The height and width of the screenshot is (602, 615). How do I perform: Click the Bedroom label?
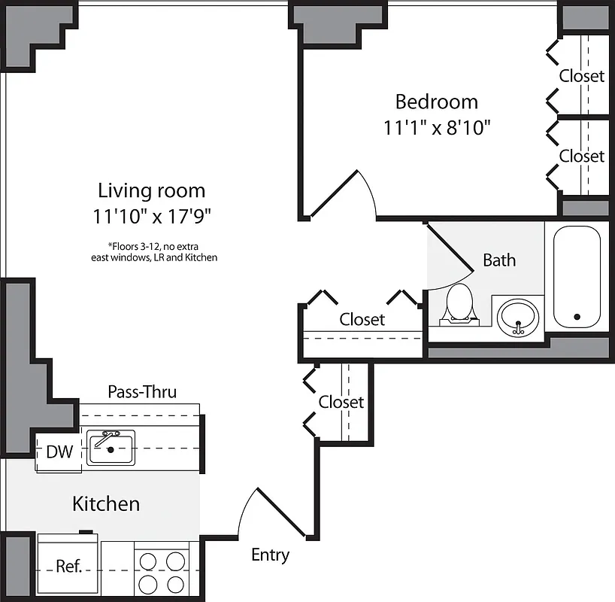click(437, 101)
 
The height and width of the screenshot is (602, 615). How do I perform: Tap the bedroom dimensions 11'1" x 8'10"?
click(437, 127)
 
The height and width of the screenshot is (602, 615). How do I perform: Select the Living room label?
click(152, 190)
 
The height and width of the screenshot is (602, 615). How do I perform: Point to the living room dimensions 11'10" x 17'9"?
click(152, 217)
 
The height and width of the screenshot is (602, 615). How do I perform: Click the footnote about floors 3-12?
click(152, 251)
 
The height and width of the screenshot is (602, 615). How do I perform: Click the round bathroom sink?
click(517, 315)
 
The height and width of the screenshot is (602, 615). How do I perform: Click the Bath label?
click(499, 260)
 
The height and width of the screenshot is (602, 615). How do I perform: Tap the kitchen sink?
click(111, 448)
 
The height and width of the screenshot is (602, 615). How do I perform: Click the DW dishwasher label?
click(59, 452)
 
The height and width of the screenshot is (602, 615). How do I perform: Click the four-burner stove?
click(160, 572)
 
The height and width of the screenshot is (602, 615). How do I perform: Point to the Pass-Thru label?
click(142, 391)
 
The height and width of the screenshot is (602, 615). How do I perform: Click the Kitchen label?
click(106, 503)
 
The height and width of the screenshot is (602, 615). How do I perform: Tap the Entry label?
click(270, 555)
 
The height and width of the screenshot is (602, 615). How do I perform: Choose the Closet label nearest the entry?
click(341, 402)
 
